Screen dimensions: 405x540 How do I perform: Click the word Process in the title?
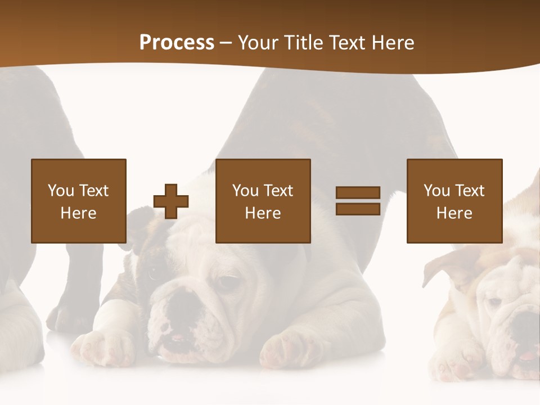point(177,43)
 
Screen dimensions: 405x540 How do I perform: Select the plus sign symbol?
point(171,201)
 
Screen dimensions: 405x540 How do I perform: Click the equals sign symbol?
point(358,201)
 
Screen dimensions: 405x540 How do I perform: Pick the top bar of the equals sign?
point(358,193)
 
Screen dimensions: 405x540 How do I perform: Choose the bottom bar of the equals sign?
point(358,209)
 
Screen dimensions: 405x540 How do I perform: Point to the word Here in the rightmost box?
point(454,213)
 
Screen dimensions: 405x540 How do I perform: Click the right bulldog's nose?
point(526,326)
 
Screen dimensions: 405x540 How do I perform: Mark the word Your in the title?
point(258,43)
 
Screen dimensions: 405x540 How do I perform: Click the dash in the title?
point(225,43)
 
